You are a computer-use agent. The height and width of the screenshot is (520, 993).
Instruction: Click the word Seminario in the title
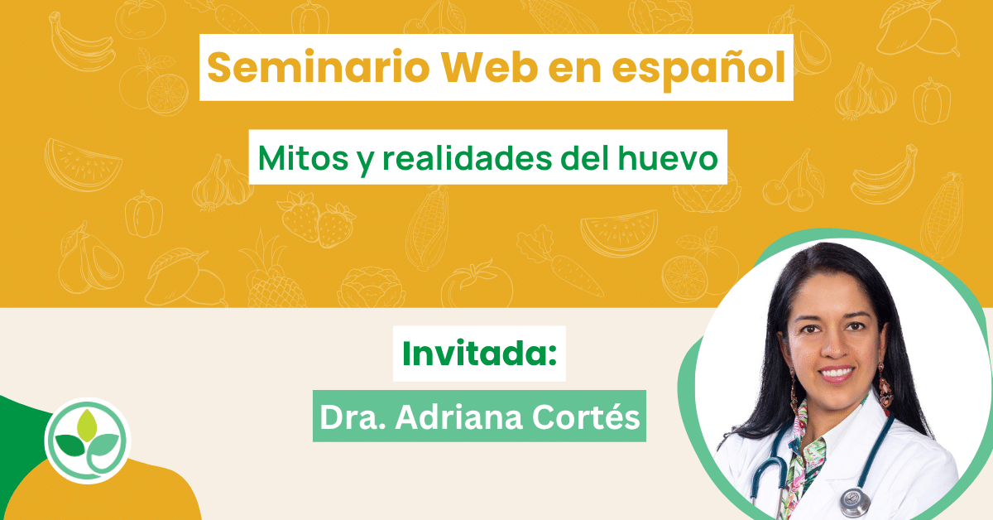click(319, 67)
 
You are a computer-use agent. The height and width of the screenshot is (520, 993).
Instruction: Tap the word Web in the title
click(489, 67)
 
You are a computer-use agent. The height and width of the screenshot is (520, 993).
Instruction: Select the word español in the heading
click(699, 69)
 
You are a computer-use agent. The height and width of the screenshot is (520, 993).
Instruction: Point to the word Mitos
click(303, 158)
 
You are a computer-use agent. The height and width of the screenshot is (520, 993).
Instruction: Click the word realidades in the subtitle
click(468, 157)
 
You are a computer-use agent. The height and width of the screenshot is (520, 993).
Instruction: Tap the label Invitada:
click(479, 354)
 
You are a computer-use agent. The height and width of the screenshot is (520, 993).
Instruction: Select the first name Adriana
click(458, 417)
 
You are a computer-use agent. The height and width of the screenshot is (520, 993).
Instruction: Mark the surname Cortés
click(586, 417)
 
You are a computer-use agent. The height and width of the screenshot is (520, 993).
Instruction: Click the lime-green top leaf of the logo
click(87, 425)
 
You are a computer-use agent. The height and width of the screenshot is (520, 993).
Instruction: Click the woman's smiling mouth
click(836, 374)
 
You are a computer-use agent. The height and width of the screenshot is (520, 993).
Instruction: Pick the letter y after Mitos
click(365, 162)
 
